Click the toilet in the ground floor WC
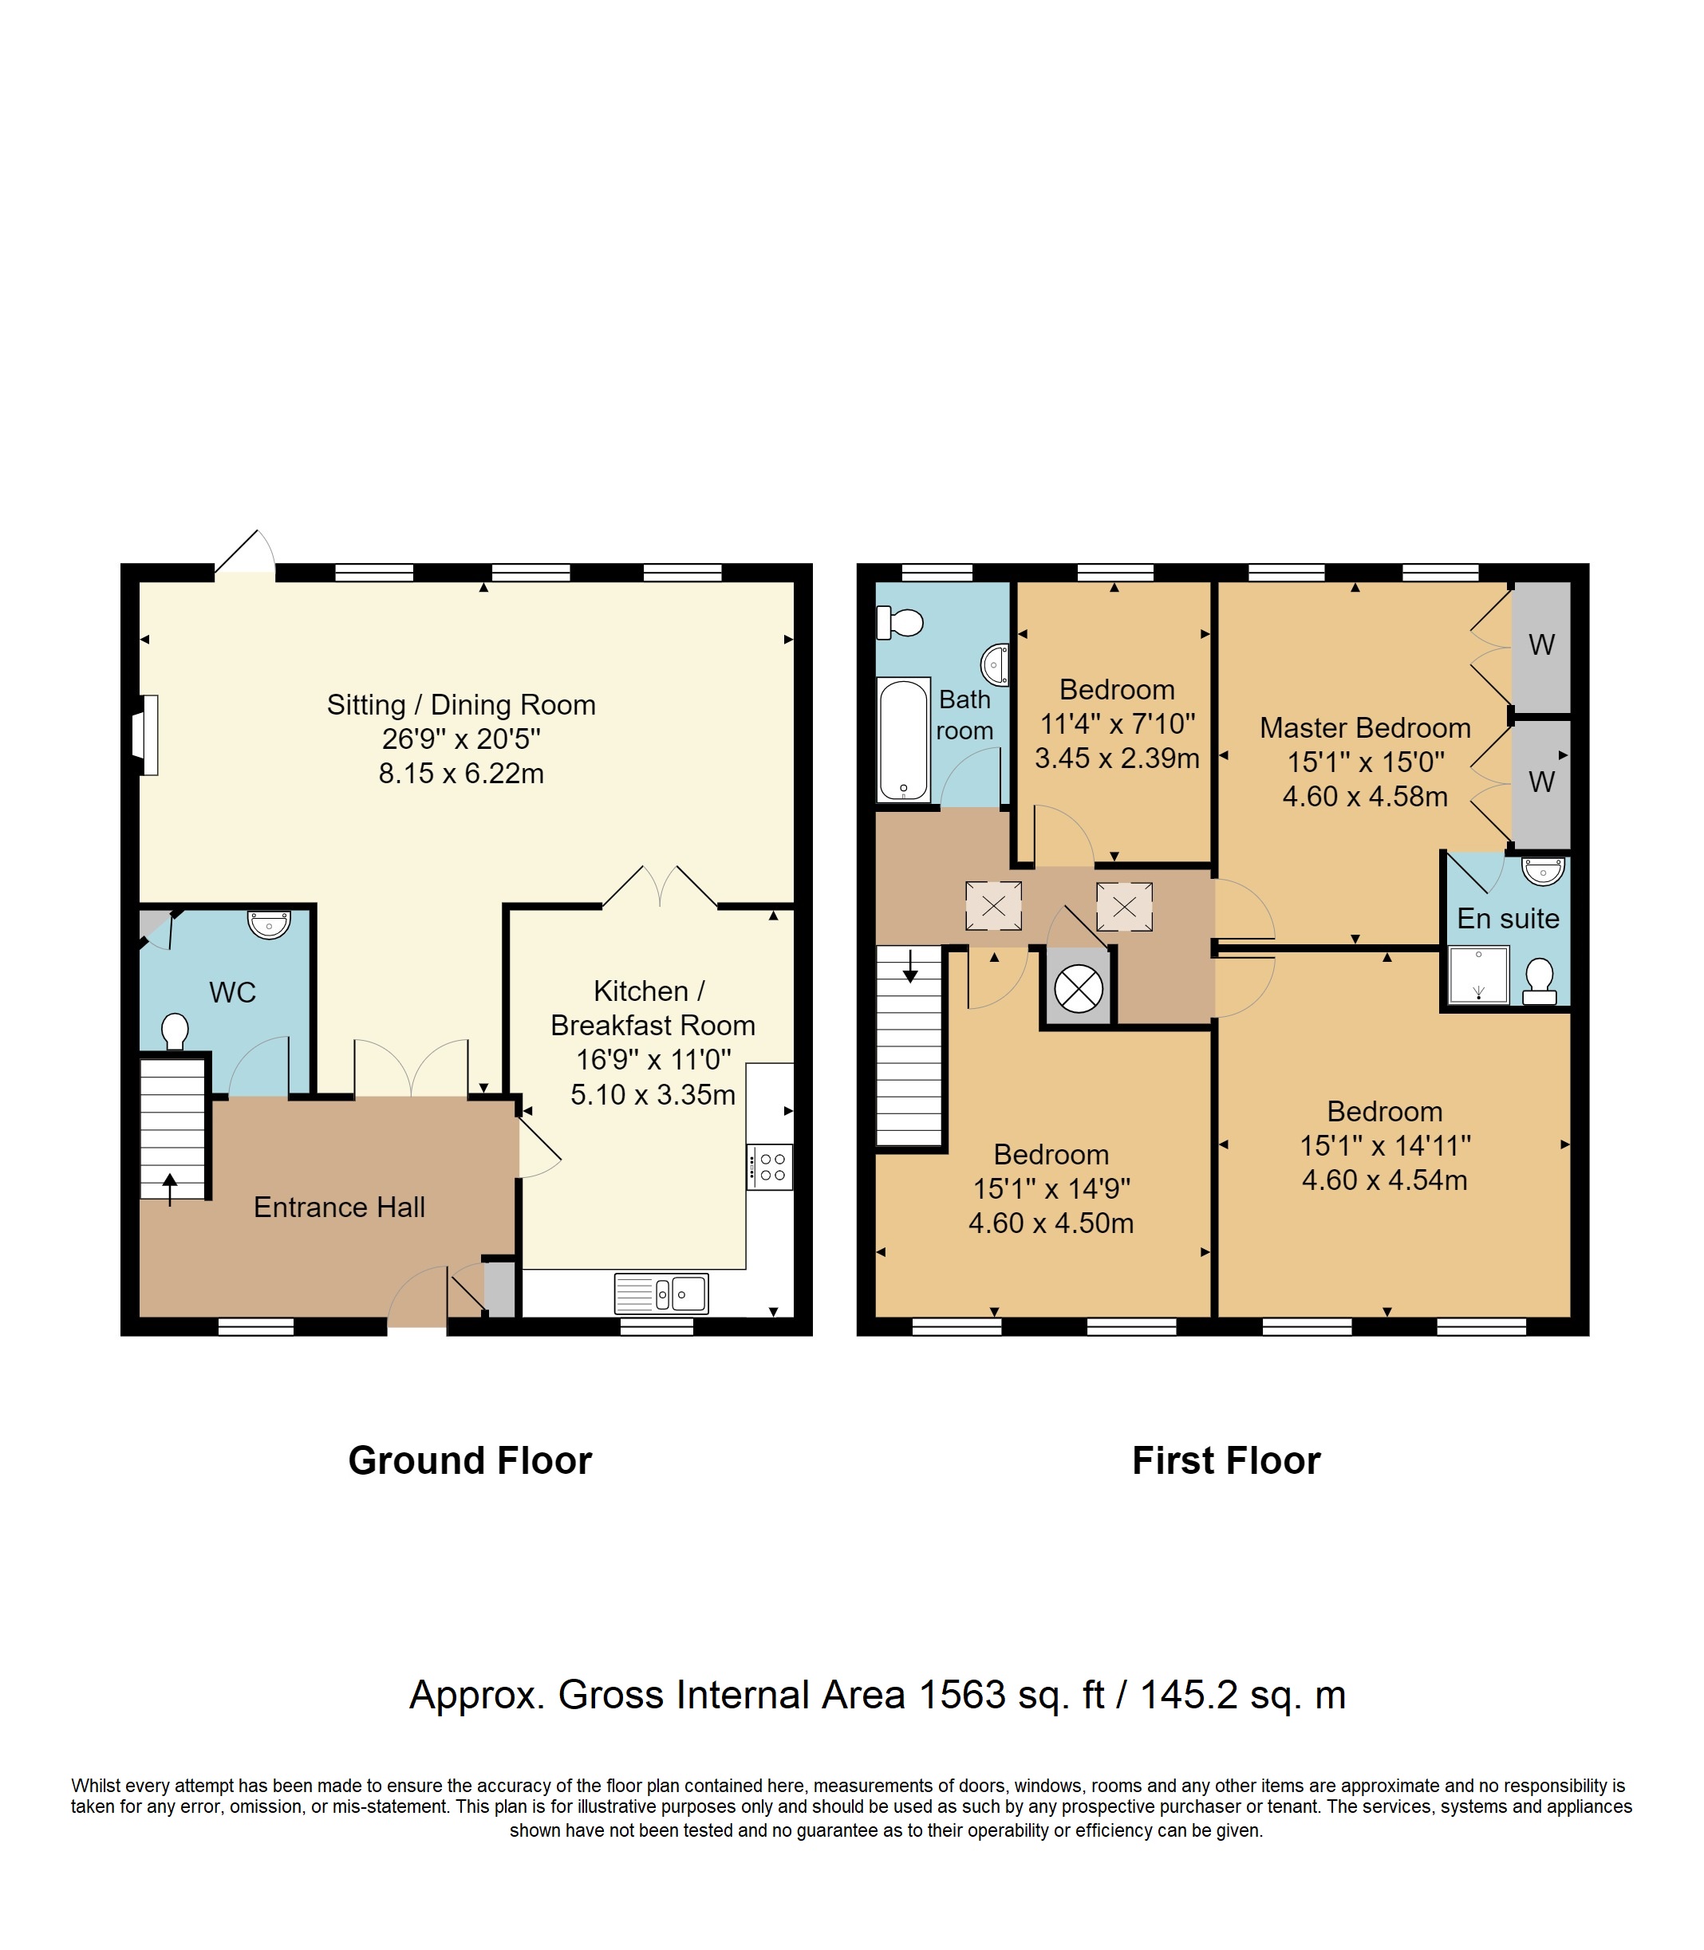(175, 1030)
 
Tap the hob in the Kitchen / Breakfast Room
(769, 1167)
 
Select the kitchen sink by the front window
(662, 1293)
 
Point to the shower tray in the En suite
(1477, 975)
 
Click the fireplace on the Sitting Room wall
(148, 735)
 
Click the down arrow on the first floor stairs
(910, 966)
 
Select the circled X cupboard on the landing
(1079, 989)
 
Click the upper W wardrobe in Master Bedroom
(1540, 645)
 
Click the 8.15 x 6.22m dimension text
(461, 774)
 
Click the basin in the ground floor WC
(269, 924)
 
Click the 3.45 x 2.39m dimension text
(1116, 758)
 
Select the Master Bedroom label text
(1364, 728)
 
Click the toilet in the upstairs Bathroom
(900, 624)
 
